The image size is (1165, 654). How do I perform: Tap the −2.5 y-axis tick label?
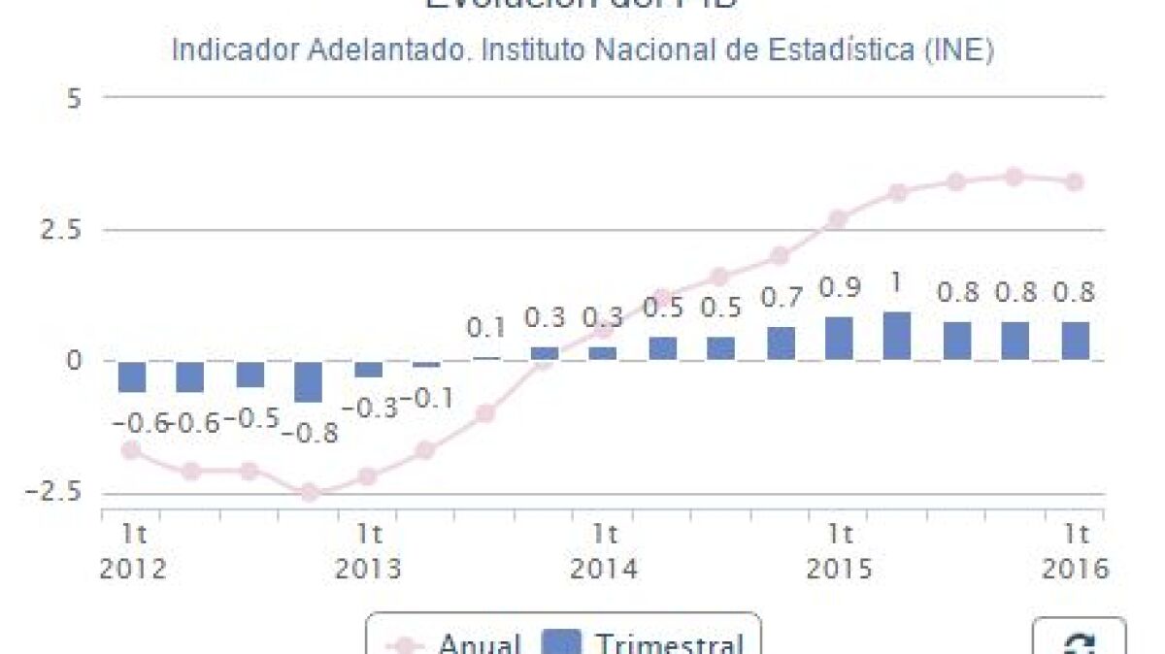pyautogui.click(x=60, y=493)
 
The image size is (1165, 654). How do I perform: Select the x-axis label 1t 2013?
pyautogui.click(x=368, y=550)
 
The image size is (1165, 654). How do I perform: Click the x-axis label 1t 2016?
pyautogui.click(x=1075, y=550)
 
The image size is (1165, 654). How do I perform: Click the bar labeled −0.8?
pyautogui.click(x=309, y=381)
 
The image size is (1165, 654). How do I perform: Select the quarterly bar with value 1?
pyautogui.click(x=897, y=337)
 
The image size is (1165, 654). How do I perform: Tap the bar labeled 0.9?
pyautogui.click(x=839, y=339)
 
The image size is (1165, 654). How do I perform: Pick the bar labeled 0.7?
pyautogui.click(x=781, y=343)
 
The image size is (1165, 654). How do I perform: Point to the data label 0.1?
pyautogui.click(x=485, y=328)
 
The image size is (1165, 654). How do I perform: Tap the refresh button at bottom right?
pyautogui.click(x=1078, y=641)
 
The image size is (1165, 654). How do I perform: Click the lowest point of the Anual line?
pyautogui.click(x=309, y=493)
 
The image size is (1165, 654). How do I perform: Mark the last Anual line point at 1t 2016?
pyautogui.click(x=1074, y=181)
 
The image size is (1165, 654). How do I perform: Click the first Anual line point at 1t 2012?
pyautogui.click(x=131, y=449)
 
